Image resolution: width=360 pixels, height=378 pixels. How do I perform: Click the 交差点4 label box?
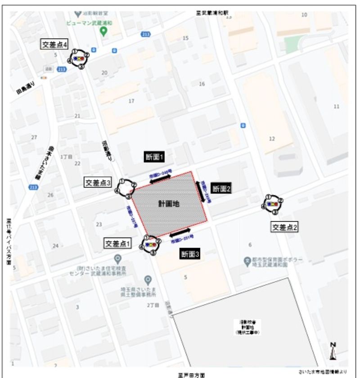point(54,45)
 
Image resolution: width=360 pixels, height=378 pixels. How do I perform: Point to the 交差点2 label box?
point(284,227)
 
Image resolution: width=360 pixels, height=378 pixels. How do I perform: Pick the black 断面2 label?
point(221,189)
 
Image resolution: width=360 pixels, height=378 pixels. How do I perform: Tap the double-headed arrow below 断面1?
point(161,179)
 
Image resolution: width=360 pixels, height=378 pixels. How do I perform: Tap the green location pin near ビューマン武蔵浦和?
point(103,31)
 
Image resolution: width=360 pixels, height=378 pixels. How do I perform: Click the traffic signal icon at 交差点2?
point(272,204)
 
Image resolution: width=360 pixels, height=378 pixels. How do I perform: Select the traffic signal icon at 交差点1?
point(150,245)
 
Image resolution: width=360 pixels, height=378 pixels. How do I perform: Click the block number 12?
point(271,139)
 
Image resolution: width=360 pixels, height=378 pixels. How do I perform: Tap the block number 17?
point(131,101)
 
